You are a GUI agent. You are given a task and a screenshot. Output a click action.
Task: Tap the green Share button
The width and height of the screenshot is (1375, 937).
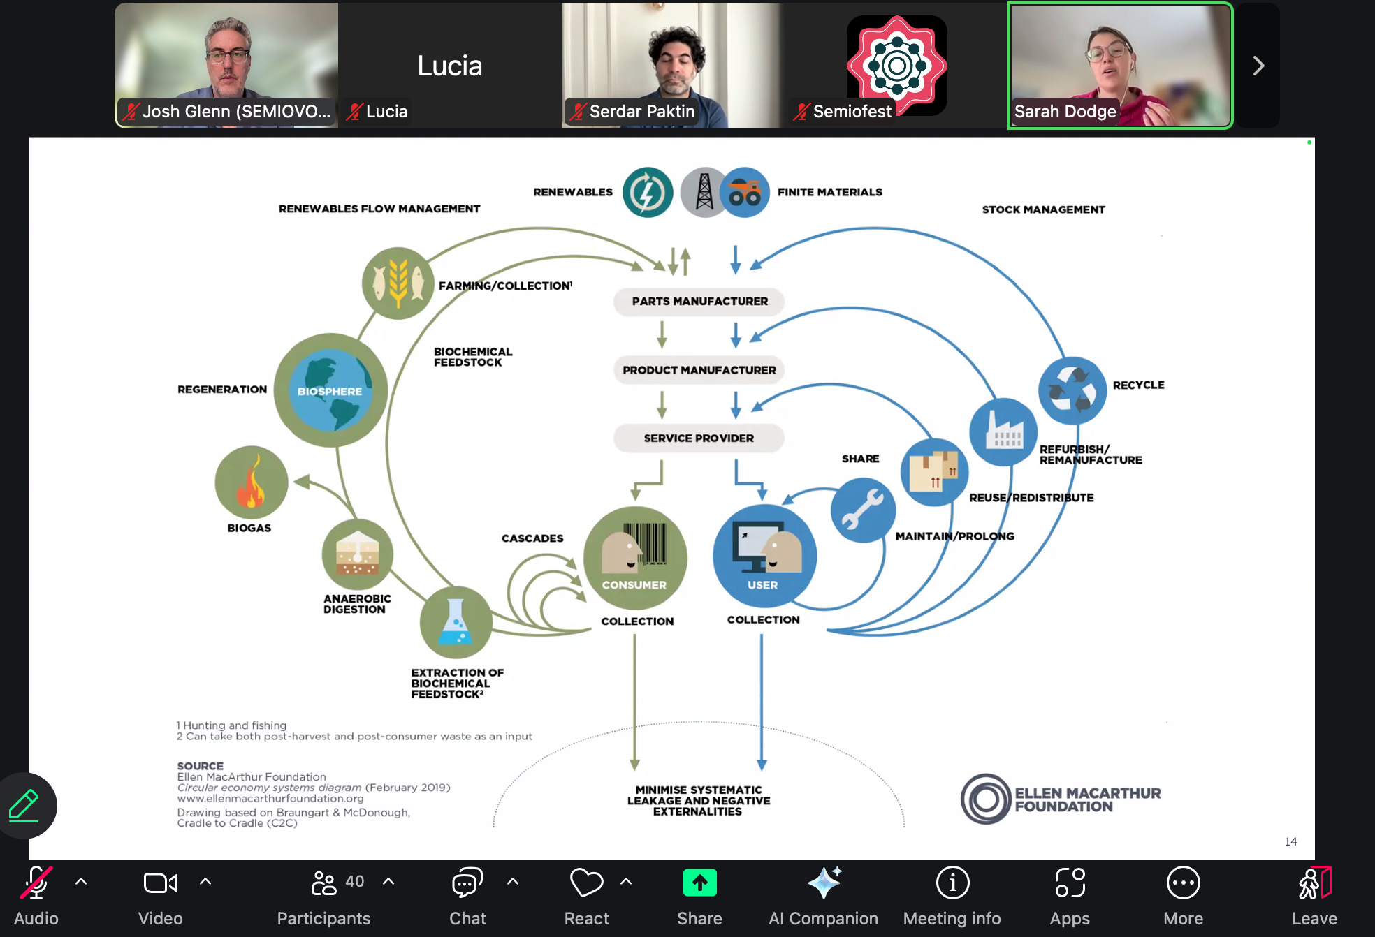point(699,883)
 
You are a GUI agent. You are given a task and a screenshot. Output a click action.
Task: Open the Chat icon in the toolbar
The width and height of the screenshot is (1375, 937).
point(467,883)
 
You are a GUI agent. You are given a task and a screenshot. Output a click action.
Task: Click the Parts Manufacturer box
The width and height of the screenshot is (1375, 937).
point(699,302)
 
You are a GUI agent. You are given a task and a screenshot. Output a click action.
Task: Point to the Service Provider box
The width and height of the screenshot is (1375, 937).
point(699,438)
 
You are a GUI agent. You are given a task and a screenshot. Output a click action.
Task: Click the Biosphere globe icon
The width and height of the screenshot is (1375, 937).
point(330,390)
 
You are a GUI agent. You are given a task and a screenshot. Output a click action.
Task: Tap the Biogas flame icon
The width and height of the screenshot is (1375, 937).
point(251,482)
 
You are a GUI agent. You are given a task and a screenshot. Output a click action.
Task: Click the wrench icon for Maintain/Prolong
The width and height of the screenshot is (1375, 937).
point(863,510)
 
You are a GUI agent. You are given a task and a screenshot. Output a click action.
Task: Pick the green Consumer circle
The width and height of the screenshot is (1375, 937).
point(634,557)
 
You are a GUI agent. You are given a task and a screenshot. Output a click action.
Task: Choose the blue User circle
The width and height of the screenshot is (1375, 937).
point(764,556)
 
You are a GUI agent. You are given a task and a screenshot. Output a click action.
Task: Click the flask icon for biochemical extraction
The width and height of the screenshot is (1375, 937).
point(456,622)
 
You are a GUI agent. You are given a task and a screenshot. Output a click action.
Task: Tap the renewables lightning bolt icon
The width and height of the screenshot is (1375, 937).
point(648,192)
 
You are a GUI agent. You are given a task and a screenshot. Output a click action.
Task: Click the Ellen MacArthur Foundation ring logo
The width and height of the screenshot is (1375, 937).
point(986,799)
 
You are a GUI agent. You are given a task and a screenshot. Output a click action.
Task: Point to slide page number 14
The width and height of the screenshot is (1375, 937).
point(1290,841)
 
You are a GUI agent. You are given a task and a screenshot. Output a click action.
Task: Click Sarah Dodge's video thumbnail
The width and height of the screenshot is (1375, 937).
point(1120,66)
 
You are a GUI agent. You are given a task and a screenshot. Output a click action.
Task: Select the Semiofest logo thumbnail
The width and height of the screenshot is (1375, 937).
point(896,66)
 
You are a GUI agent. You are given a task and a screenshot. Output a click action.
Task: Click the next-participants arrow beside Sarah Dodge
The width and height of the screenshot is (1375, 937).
point(1258,66)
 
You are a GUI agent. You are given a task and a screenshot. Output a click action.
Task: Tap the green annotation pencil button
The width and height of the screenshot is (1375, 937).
point(24,805)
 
